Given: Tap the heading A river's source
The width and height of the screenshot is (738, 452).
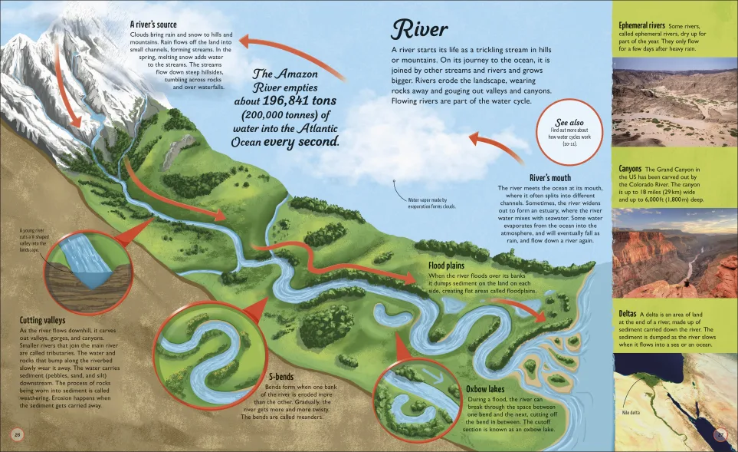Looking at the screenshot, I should pyautogui.click(x=153, y=25).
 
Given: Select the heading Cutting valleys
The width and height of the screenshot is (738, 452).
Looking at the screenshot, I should pyautogui.click(x=42, y=320).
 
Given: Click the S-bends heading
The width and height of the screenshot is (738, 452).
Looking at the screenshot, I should pyautogui.click(x=284, y=376).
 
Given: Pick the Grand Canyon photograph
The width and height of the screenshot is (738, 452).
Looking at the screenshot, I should pyautogui.click(x=674, y=252).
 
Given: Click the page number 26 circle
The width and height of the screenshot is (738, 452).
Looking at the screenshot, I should pyautogui.click(x=16, y=435).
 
